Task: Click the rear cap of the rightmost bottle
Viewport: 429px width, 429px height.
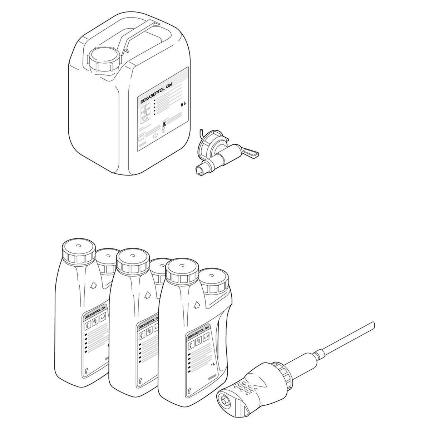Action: pos(213,279)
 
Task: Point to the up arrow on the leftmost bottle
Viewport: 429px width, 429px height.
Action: pos(93,285)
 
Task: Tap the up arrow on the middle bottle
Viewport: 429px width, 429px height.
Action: pos(147,295)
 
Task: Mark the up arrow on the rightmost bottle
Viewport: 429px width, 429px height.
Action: pos(196,305)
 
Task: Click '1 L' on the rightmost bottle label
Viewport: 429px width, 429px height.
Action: pos(213,365)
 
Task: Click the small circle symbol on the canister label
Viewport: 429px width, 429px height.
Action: pos(155,136)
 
